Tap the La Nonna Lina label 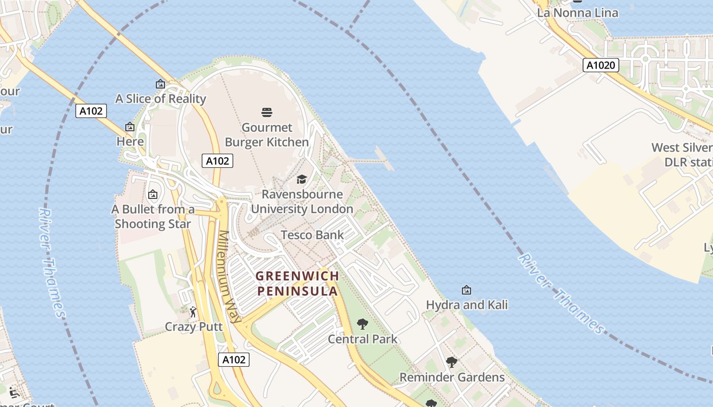pyautogui.click(x=578, y=13)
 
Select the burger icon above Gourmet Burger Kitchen pyautogui.click(x=267, y=112)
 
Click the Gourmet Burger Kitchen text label pyautogui.click(x=267, y=135)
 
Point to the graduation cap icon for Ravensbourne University pyautogui.click(x=301, y=179)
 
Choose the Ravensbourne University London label pyautogui.click(x=301, y=201)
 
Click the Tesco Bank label pyautogui.click(x=312, y=235)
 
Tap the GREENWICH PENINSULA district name pyautogui.click(x=297, y=283)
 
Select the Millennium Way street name pyautogui.click(x=229, y=277)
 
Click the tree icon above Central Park pyautogui.click(x=362, y=324)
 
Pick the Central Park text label pyautogui.click(x=362, y=339)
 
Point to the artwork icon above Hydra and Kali pyautogui.click(x=466, y=290)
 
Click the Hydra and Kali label pyautogui.click(x=467, y=305)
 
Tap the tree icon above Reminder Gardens pyautogui.click(x=451, y=362)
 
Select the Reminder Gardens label pyautogui.click(x=452, y=377)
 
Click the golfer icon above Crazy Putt pyautogui.click(x=193, y=312)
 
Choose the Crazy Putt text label pyautogui.click(x=194, y=327)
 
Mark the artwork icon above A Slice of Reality pyautogui.click(x=160, y=84)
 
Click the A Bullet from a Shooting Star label pyautogui.click(x=153, y=216)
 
